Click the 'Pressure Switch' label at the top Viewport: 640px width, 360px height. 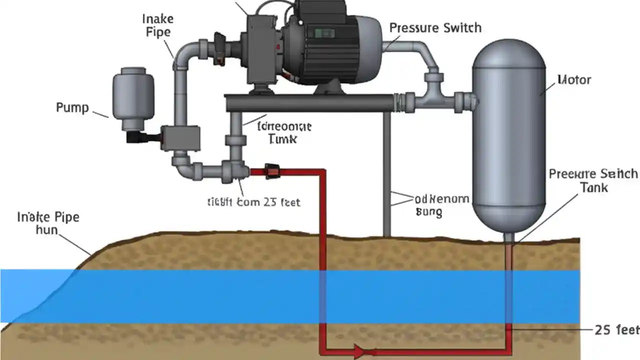click(435, 27)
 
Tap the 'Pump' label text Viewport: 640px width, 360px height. click(72, 107)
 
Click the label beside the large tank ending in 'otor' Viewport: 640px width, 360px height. click(574, 80)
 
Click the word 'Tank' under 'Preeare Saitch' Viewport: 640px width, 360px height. click(594, 187)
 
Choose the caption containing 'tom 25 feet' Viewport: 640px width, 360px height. click(253, 202)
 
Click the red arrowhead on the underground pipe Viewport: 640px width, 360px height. click(359, 351)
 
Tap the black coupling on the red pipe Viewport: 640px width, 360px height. click(272, 171)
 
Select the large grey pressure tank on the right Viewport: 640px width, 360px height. click(509, 135)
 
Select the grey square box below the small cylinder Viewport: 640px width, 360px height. click(180, 138)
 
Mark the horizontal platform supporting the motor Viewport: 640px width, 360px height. click(310, 102)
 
